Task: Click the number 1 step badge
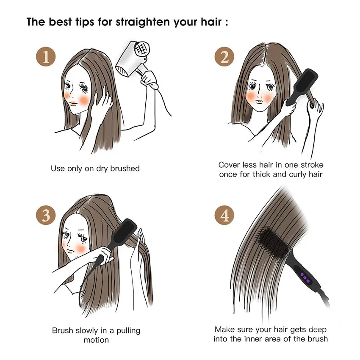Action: point(46,56)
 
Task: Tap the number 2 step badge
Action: point(224,56)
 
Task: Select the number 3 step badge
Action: point(46,215)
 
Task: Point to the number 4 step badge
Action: point(224,215)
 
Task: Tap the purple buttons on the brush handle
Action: point(305,277)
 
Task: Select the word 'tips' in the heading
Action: point(84,22)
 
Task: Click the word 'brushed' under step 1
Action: point(125,168)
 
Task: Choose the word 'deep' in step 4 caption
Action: point(318,330)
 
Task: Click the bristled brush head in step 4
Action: point(273,242)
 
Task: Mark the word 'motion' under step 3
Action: point(96,340)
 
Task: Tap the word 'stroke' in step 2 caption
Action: point(312,165)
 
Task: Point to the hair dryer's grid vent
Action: point(141,49)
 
